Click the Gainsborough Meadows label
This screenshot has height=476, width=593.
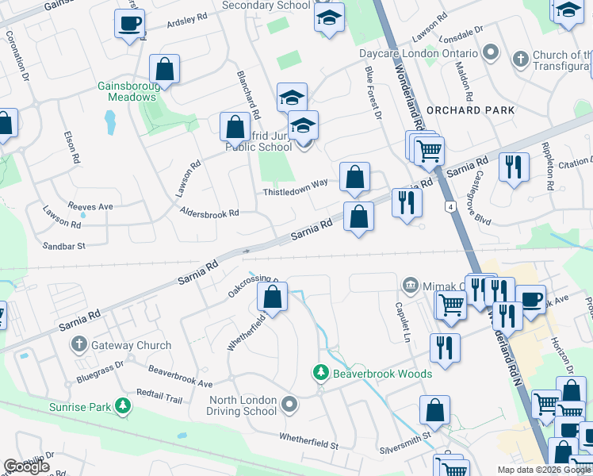point(127,91)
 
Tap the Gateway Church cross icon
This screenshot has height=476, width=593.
point(78,345)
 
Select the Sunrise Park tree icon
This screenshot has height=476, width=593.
point(123,407)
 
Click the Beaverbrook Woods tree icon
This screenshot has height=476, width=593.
point(321,373)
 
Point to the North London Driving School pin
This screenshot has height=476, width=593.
point(289,405)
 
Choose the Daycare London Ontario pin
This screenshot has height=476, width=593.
point(491,53)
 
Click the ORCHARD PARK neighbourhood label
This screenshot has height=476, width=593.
point(470,110)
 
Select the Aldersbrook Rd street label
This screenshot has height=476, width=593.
point(209,213)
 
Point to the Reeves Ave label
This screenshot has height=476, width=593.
point(90,206)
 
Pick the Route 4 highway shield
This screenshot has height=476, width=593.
point(450,207)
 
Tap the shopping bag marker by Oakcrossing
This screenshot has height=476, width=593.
point(272,298)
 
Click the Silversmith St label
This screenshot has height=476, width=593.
point(404,435)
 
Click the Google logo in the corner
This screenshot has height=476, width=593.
point(27,466)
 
